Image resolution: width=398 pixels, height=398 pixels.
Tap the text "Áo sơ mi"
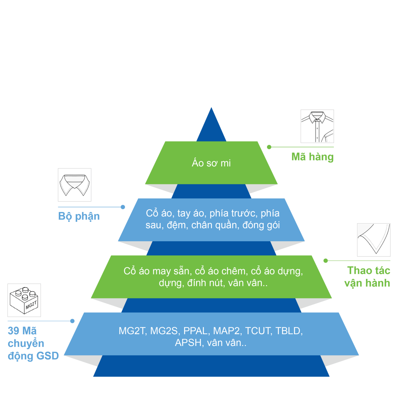211,163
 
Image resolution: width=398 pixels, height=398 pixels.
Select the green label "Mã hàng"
312,157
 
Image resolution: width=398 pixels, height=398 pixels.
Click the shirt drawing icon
317,126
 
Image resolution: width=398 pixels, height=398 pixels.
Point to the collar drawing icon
75,185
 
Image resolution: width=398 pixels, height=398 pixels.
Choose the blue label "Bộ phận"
79,216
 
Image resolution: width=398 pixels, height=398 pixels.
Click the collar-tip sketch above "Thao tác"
374,240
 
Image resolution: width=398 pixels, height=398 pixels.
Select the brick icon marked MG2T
24,300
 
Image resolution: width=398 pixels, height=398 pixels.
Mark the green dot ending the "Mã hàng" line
269,147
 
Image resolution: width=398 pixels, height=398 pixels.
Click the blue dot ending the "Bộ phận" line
123,207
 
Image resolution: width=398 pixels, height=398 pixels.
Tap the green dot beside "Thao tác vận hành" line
326,261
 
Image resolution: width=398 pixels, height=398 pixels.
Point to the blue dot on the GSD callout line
72,321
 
